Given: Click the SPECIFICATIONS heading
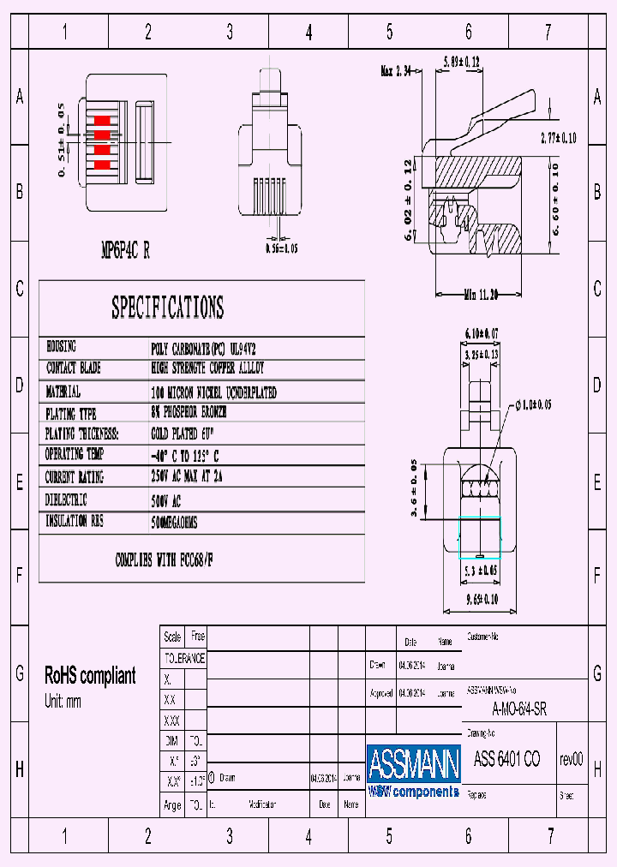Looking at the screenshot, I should [168, 308].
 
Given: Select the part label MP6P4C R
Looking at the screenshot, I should [126, 250].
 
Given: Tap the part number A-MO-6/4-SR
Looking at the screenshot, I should [519, 709].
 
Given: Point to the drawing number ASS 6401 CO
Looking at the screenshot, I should [506, 760].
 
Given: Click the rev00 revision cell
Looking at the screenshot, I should [571, 760].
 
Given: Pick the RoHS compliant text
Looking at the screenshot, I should [90, 676].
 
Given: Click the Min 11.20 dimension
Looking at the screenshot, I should [481, 295].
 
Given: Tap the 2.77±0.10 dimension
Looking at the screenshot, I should [558, 138].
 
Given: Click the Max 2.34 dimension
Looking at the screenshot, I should [398, 71].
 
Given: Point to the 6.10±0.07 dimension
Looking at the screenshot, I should [481, 333].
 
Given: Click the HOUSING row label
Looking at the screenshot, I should [62, 347].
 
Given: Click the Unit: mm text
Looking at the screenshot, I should [63, 702].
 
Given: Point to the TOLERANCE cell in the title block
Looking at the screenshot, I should [184, 658].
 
